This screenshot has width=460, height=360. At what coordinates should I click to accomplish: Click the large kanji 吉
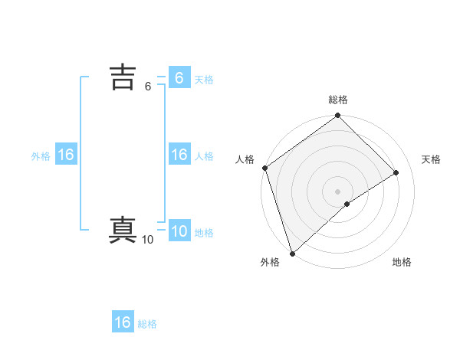coord(123,77)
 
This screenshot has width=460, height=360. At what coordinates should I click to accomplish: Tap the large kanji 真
coord(123,230)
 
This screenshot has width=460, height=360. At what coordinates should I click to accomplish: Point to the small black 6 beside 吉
coord(148,87)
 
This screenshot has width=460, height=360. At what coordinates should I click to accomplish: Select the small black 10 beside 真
coord(147,240)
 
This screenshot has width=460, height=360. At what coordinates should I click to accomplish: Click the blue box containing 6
coord(179,77)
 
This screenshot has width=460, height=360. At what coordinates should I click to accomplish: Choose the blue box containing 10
coord(179,231)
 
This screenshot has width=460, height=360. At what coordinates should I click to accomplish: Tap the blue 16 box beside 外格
coord(66,155)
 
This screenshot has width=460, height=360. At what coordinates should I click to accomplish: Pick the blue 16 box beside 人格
coord(179,155)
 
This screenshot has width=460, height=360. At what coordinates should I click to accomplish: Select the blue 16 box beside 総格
coord(123,322)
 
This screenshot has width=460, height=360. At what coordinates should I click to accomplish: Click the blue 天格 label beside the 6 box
coord(204,80)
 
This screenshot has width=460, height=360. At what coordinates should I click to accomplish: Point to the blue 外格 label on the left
coord(41,156)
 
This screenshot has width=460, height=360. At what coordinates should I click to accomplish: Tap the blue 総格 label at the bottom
coord(147,324)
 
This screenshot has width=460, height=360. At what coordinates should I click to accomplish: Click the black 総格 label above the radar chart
coord(338,100)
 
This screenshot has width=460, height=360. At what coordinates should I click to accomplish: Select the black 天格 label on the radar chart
coord(432,159)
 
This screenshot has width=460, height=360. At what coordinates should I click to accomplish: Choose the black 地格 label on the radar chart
coord(402,262)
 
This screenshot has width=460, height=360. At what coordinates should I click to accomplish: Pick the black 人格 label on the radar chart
coord(245,159)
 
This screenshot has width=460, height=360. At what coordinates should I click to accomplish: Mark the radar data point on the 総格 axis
coord(338,116)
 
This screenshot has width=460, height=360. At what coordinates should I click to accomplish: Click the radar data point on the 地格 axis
coord(347,204)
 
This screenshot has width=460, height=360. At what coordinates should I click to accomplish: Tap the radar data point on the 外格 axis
coord(292,253)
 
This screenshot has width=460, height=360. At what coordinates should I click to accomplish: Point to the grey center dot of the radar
coord(338,191)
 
